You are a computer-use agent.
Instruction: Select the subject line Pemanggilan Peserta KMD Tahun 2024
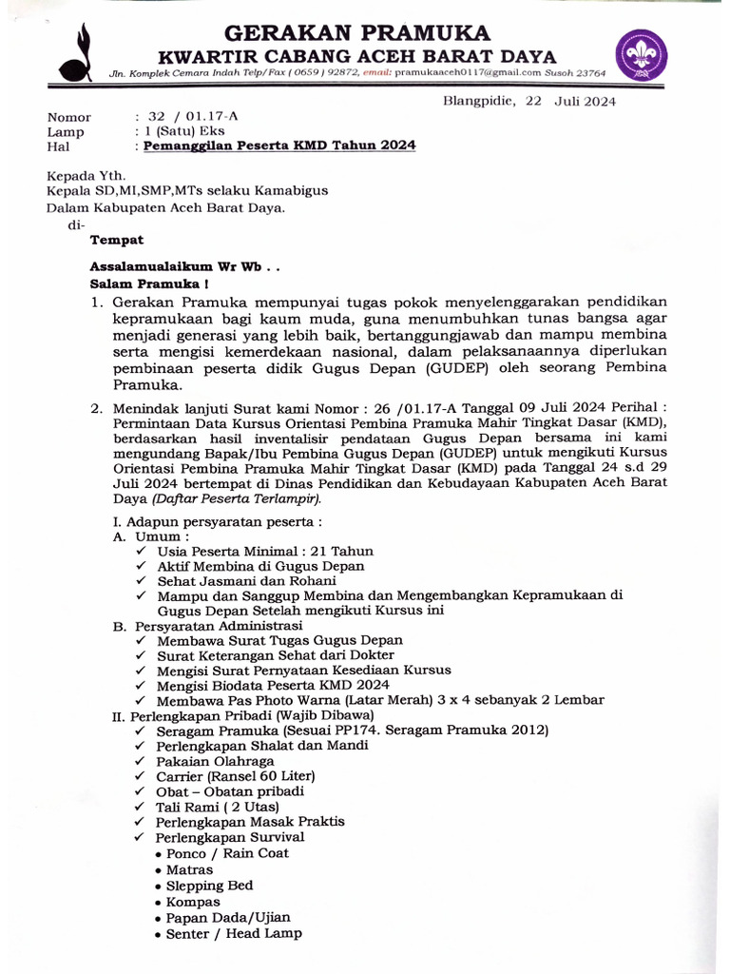tap(279, 146)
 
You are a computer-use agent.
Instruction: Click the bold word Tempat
tap(116, 241)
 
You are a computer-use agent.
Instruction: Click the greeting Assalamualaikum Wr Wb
tap(184, 267)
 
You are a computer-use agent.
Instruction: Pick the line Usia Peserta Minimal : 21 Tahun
tap(265, 551)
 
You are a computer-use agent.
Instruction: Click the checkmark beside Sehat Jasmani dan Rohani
tap(141, 581)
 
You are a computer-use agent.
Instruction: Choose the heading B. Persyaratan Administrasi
tap(207, 626)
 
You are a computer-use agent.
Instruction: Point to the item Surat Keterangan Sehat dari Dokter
tap(276, 655)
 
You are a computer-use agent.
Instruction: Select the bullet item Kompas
tap(193, 902)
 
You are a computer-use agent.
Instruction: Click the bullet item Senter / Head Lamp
tap(234, 933)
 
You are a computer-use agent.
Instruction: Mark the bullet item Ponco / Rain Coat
tap(227, 853)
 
